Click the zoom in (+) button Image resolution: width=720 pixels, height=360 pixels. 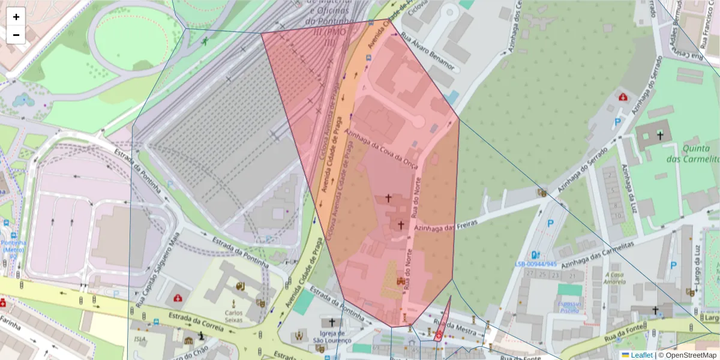point(16,17)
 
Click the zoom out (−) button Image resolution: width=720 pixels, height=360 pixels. point(16,35)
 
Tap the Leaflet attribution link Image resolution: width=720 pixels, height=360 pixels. point(641,355)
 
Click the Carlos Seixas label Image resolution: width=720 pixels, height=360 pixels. point(233,316)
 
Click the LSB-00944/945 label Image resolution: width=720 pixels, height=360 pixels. point(536,264)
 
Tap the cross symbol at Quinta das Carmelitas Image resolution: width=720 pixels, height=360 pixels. point(660,136)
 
